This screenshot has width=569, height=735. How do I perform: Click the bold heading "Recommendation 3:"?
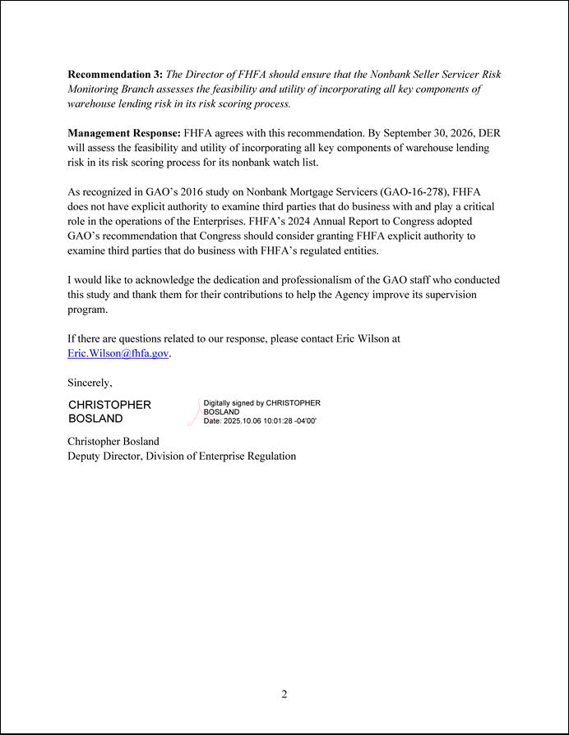point(114,74)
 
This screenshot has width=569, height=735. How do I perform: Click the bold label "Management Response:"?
point(123,132)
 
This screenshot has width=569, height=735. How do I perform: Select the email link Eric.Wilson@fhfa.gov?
point(118,353)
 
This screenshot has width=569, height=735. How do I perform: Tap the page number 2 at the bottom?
point(284,694)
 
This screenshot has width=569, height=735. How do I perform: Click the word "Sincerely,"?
point(90,383)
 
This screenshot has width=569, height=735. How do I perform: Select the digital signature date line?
point(259,420)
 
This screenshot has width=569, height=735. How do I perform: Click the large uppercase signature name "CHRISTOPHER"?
point(109,405)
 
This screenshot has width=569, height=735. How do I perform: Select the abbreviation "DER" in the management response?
point(488,132)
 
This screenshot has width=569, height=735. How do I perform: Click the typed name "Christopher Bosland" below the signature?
point(113,441)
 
